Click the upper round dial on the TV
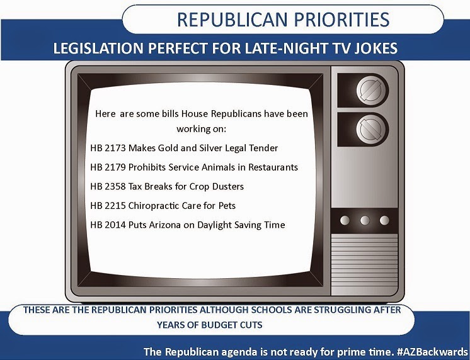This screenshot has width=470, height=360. click(370, 90)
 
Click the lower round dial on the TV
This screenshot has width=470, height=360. click(370, 129)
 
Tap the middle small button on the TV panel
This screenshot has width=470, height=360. click(365, 220)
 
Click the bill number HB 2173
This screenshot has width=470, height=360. click(108, 148)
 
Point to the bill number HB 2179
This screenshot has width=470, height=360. click(108, 167)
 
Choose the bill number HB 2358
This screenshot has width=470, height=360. click(108, 186)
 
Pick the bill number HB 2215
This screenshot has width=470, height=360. click(108, 206)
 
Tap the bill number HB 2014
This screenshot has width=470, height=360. click(108, 225)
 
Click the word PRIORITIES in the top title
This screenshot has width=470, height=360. click(341, 20)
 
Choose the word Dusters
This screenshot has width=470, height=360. click(228, 186)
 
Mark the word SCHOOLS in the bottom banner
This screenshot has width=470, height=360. click(272, 310)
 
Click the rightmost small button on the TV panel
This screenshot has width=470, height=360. click(384, 220)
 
